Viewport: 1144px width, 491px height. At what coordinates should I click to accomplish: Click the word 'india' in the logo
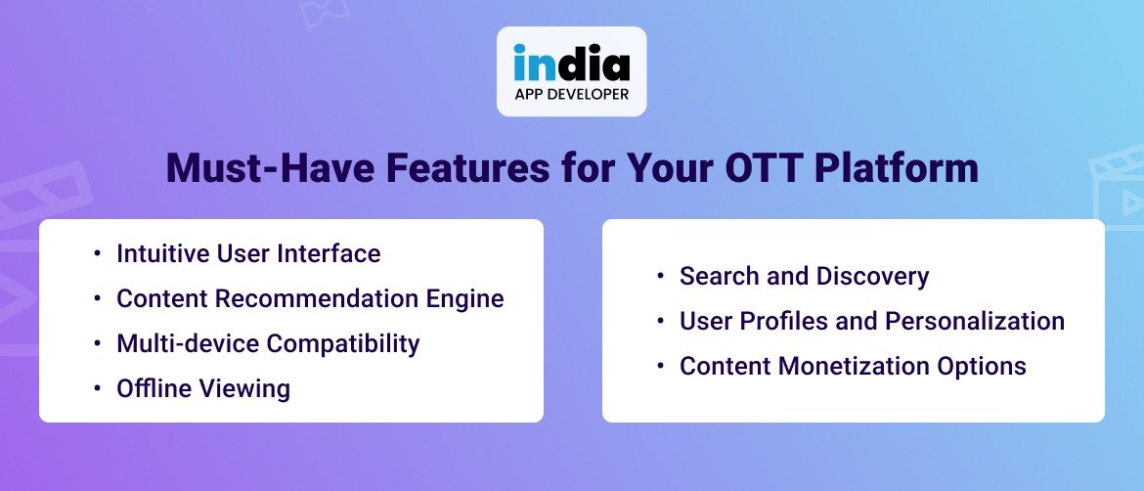(571, 64)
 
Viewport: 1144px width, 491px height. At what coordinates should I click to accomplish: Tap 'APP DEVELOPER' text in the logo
(571, 95)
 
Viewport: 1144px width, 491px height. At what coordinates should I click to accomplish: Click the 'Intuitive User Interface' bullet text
(248, 254)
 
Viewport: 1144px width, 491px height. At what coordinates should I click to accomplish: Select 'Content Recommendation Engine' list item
(310, 299)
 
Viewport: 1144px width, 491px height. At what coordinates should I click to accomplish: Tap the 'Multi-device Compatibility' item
(268, 344)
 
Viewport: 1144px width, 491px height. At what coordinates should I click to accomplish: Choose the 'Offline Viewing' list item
(203, 389)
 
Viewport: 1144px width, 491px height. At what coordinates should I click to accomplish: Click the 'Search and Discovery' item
(804, 277)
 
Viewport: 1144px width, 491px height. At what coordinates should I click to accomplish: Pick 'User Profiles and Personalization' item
(871, 322)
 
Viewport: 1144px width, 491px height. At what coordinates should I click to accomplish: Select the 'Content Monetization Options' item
(853, 367)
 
